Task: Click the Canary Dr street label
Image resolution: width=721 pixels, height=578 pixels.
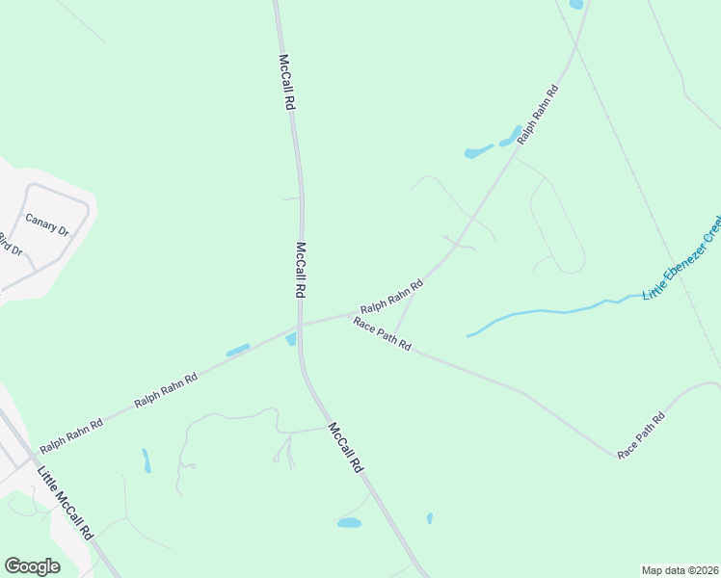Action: (47, 224)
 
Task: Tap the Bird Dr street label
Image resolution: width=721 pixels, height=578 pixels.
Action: (10, 244)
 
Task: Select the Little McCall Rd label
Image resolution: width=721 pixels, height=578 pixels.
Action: (65, 502)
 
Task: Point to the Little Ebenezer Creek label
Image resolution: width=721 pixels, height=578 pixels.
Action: (682, 258)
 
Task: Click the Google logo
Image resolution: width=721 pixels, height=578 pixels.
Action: (32, 566)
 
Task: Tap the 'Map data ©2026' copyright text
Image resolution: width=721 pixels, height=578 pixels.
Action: (679, 569)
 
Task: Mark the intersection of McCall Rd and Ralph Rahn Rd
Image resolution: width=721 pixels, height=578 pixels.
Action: (301, 325)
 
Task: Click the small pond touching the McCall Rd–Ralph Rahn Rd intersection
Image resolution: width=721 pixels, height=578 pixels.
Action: (291, 339)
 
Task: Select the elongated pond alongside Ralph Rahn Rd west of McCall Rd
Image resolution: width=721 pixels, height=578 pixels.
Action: (238, 350)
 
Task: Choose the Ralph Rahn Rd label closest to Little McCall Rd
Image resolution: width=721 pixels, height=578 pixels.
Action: (71, 435)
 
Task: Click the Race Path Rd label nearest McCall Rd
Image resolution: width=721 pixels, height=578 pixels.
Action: (383, 332)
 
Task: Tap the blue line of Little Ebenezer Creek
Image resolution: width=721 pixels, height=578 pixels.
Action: (540, 312)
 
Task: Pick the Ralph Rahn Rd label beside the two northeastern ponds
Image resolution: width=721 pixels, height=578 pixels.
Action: (538, 115)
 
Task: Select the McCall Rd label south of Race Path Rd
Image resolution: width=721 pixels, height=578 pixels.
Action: (344, 447)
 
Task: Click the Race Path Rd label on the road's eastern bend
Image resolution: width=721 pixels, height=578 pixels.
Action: (642, 434)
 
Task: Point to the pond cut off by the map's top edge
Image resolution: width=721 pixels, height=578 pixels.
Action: (576, 4)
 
